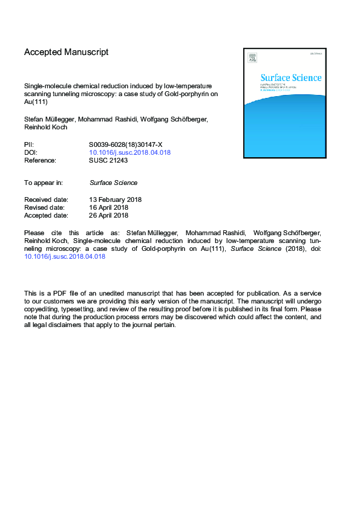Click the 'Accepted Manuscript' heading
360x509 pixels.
coord(67,53)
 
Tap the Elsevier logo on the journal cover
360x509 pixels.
coord(252,58)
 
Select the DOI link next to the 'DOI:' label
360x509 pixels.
coord(129,153)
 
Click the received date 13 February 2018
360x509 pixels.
coord(116,199)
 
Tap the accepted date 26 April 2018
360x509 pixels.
coord(108,215)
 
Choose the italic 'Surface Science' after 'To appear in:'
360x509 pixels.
coord(113,183)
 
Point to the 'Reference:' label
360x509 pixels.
coord(41,161)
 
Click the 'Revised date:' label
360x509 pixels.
coord(45,207)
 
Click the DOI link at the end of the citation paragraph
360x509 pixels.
coord(65,256)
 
